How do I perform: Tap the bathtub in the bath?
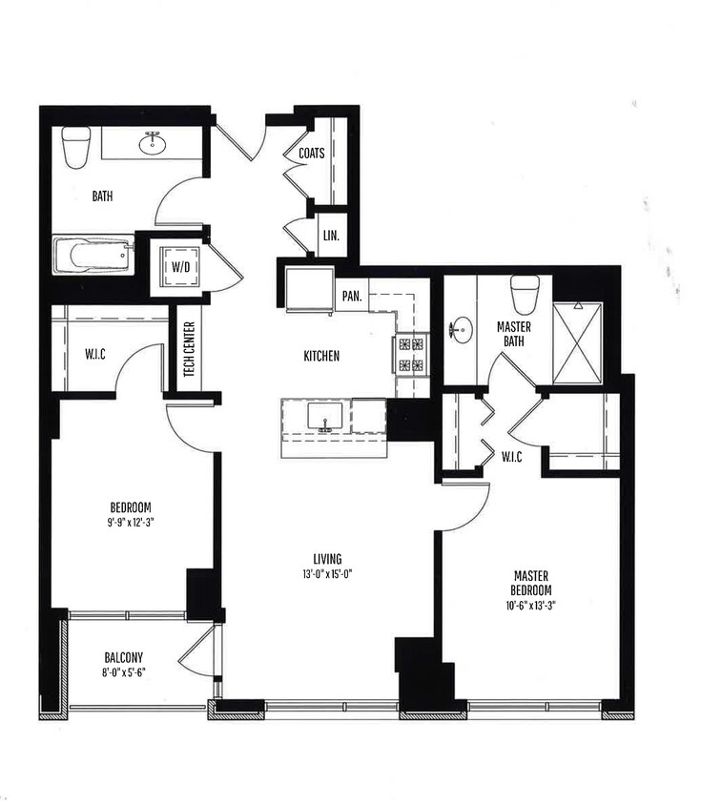click(93, 257)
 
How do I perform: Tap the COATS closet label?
click(311, 154)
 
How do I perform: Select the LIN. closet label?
click(330, 236)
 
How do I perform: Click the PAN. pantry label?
click(351, 296)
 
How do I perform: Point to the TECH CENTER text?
click(189, 348)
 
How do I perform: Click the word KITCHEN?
click(321, 356)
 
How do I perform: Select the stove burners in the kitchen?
click(411, 354)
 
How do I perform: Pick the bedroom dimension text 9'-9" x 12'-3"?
click(131, 523)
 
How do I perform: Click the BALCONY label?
click(123, 657)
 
